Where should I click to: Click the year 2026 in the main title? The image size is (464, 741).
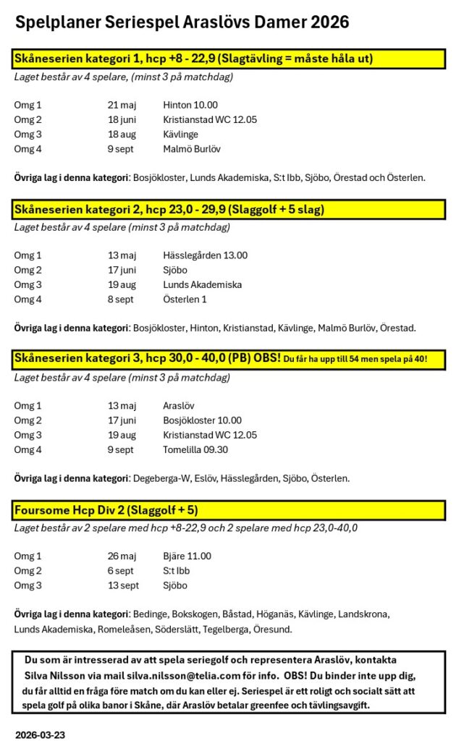(x=329, y=23)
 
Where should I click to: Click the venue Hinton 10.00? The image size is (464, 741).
(x=190, y=105)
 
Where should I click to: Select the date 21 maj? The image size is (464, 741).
(x=122, y=105)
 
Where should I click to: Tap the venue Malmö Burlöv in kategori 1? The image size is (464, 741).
(x=192, y=149)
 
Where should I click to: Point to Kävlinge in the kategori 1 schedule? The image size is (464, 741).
(x=180, y=135)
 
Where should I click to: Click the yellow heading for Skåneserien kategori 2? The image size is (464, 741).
(x=169, y=210)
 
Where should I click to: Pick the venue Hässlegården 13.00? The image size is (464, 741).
(x=206, y=255)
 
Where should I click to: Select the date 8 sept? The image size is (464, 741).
(x=120, y=299)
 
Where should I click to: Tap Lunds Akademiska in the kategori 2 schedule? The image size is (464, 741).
(x=203, y=284)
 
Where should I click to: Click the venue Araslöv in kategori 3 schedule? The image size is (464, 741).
(x=179, y=406)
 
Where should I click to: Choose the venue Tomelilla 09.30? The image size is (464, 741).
(x=197, y=449)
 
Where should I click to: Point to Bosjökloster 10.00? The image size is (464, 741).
(x=203, y=420)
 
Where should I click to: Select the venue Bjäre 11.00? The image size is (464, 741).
(x=187, y=556)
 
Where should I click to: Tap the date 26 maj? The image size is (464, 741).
(x=122, y=556)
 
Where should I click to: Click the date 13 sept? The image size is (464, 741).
(x=123, y=585)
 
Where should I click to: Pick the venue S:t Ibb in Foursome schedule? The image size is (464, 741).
(x=175, y=571)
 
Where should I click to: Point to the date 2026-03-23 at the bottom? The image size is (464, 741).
(x=41, y=734)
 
